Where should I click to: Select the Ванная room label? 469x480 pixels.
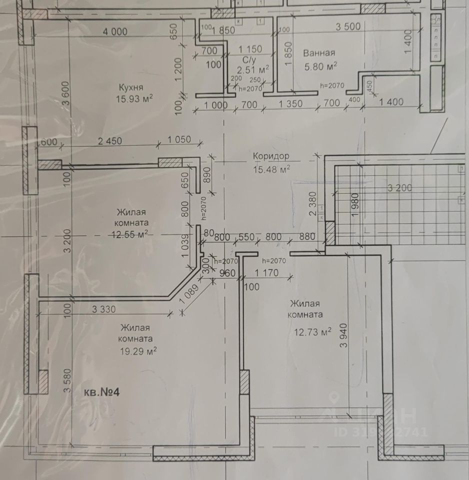(318, 53)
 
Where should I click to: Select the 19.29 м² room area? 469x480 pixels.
(138, 351)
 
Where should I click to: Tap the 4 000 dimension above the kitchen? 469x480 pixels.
(115, 31)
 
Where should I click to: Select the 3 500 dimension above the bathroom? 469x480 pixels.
(348, 27)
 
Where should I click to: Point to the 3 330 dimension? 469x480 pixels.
(104, 309)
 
